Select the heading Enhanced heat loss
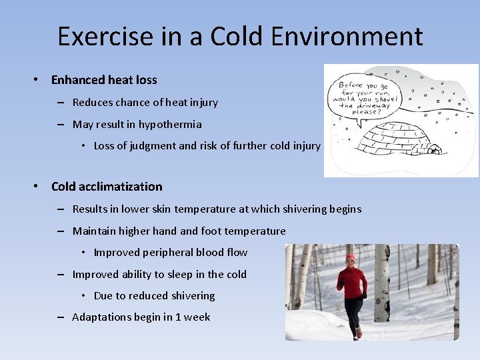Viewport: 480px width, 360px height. pyautogui.click(x=104, y=80)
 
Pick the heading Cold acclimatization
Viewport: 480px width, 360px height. pyautogui.click(x=107, y=187)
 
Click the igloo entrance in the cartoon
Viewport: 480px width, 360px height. pyautogui.click(x=434, y=150)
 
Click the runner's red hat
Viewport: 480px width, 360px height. pyautogui.click(x=351, y=257)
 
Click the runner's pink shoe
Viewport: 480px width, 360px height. pyautogui.click(x=358, y=333)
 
